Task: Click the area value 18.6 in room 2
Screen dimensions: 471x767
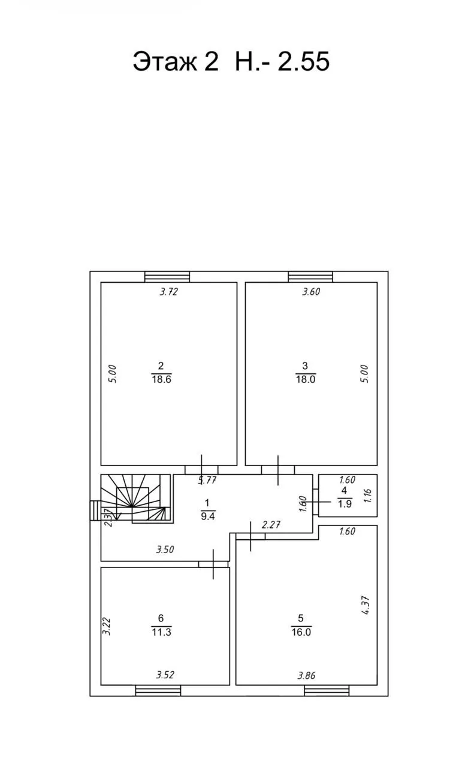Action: click(x=161, y=379)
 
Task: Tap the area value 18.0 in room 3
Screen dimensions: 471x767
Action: click(x=306, y=379)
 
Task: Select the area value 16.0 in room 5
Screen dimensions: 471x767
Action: click(x=301, y=632)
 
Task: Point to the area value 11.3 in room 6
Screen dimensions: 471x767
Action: click(x=161, y=632)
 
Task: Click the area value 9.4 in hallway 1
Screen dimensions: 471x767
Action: click(x=208, y=517)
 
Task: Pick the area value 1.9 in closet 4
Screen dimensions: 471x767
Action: click(x=345, y=504)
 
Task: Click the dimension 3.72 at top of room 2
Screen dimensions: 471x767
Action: click(x=169, y=292)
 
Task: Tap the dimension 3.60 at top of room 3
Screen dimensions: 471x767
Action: click(x=311, y=292)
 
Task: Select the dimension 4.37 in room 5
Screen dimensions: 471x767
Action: click(x=366, y=605)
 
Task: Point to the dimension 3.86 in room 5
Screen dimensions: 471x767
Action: click(x=306, y=675)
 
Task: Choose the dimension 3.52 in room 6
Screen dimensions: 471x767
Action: click(x=165, y=675)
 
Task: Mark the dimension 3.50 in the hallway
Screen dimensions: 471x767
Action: click(x=165, y=549)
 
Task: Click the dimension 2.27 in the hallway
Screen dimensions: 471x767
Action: click(x=271, y=525)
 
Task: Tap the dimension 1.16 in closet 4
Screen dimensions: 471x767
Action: click(x=367, y=496)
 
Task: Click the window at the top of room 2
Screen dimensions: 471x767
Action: click(x=167, y=277)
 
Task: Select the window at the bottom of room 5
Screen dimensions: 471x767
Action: click(x=327, y=691)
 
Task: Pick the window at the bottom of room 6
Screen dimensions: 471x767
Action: click(x=158, y=691)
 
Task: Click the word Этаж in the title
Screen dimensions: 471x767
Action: click(x=165, y=62)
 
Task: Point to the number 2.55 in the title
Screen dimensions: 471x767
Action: click(x=303, y=61)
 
